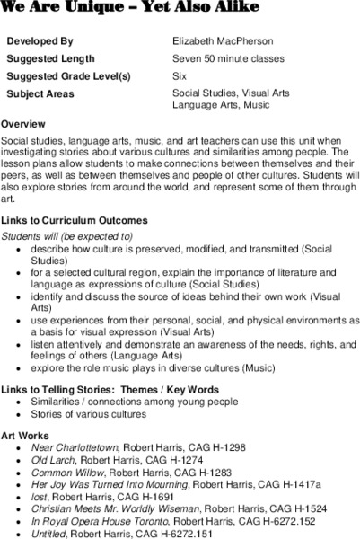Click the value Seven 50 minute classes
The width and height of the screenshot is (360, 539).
coord(228,59)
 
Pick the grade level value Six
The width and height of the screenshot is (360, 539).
coord(180,76)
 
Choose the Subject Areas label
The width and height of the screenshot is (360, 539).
coord(40,93)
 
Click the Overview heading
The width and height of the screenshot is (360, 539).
coord(25,123)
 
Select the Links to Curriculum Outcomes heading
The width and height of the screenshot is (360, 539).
coord(75,220)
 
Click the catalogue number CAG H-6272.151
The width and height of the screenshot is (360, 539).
coord(196,532)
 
